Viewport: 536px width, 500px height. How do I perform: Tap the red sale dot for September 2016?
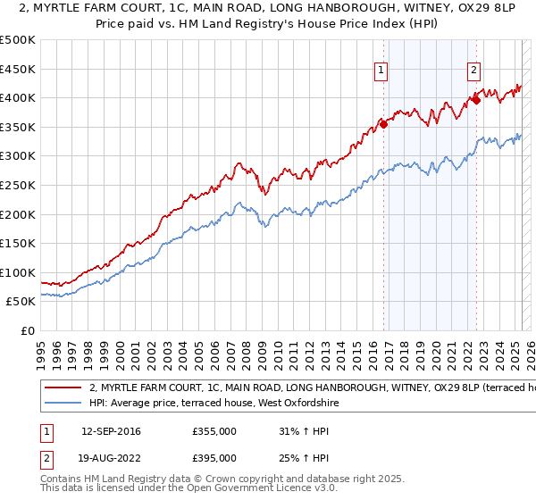[383, 124]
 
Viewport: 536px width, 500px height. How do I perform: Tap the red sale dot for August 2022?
[476, 100]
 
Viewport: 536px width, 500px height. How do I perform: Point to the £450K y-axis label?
[18, 69]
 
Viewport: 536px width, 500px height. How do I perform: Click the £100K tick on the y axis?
[18, 272]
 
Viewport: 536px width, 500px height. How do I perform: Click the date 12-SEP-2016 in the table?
[104, 431]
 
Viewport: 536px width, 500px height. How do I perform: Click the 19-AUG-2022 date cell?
[104, 460]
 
